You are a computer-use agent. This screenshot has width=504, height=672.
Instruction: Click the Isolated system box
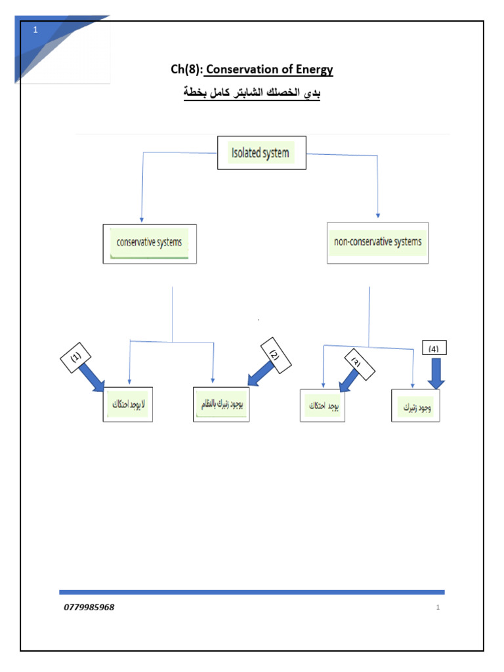[x=261, y=153]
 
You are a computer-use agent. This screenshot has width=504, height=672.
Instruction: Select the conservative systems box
[x=150, y=243]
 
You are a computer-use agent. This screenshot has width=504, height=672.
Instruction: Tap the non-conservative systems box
[x=377, y=243]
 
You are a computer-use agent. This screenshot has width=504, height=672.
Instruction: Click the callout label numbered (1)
[x=77, y=358]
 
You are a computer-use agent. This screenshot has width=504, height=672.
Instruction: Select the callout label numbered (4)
[x=434, y=348]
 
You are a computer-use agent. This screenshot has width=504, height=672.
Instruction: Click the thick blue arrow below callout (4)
[x=436, y=375]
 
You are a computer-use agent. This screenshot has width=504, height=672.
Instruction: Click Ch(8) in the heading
[x=186, y=70]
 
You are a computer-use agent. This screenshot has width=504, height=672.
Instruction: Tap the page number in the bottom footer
[x=437, y=607]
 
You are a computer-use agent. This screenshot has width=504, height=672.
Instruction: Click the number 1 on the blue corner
[x=35, y=30]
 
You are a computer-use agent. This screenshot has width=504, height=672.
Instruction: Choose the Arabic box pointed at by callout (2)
[x=222, y=405]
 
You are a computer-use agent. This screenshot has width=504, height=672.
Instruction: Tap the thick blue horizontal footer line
[x=252, y=592]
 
